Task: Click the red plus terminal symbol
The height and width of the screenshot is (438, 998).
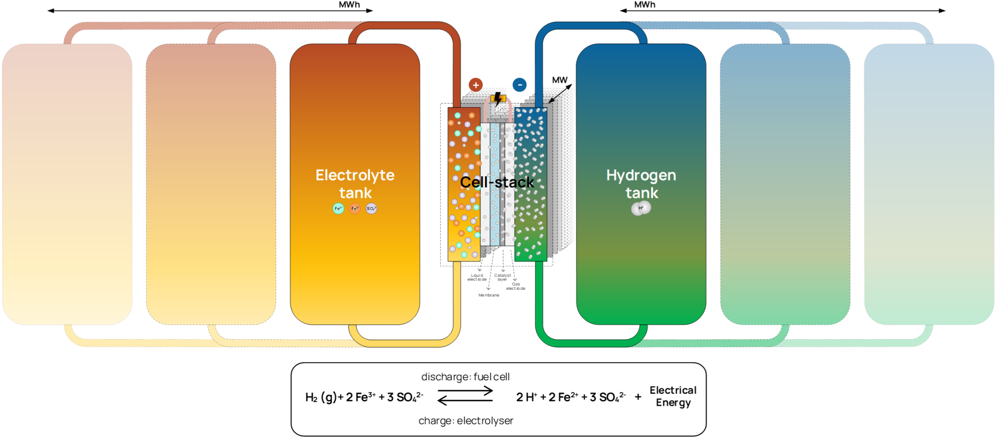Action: point(476,85)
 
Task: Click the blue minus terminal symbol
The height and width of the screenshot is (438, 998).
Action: point(519,85)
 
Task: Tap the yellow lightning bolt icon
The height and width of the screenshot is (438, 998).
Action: point(498,98)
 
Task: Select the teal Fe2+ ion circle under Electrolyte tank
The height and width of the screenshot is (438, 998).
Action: point(338,209)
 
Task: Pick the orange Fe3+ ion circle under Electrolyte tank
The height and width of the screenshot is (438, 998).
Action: point(355,209)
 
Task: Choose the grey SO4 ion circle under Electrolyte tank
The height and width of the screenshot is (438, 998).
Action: point(371,209)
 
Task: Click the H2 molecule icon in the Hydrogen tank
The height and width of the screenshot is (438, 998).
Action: point(641,208)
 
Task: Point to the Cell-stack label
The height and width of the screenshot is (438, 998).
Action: point(497,183)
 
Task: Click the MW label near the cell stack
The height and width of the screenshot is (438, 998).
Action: point(559,80)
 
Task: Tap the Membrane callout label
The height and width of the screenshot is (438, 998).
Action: point(489,295)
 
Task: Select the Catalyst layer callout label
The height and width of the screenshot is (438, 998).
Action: point(502,277)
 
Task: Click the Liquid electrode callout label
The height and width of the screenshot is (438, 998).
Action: point(477,277)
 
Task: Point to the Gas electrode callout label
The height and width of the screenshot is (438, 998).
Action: point(516,286)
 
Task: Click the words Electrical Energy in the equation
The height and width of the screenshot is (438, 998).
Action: point(673,396)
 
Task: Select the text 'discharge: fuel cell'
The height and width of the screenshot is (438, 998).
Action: point(465,377)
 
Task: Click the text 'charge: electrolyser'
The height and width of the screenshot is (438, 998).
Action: point(466,420)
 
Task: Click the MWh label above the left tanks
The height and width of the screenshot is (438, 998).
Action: point(349,5)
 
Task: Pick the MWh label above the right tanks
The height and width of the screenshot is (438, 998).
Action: point(645,5)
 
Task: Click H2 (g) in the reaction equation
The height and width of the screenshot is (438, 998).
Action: point(321,397)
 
